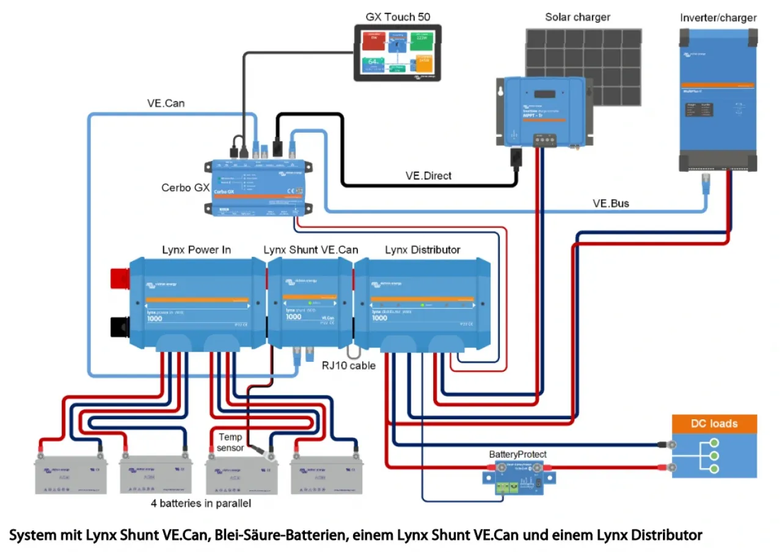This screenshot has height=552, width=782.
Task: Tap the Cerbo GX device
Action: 259,187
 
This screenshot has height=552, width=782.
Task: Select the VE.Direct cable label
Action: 428,175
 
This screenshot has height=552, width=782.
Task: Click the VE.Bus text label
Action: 610,203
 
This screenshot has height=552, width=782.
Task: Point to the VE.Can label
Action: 166,103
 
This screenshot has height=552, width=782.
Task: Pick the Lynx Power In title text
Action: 196,249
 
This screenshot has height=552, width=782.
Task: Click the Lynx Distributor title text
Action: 423,249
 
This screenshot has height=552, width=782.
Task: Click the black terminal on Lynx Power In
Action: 120,326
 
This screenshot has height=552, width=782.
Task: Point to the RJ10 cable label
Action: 348,366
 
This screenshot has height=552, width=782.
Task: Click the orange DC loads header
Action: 714,424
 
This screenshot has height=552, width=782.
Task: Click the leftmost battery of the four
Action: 71,476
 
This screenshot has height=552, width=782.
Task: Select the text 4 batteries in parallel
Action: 201,504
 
